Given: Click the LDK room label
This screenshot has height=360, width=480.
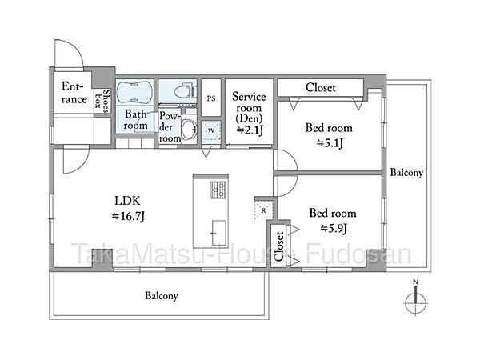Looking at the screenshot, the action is pyautogui.click(x=127, y=201).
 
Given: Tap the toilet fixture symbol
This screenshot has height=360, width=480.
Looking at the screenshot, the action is pyautogui.click(x=186, y=91).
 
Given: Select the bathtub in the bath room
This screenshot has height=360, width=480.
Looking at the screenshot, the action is pyautogui.click(x=134, y=92).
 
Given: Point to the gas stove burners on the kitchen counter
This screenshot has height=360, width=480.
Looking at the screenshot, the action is pyautogui.click(x=218, y=190).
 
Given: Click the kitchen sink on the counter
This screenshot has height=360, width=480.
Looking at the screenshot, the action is pyautogui.click(x=219, y=233).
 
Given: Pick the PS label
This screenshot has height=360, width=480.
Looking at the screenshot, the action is pyautogui.click(x=211, y=98).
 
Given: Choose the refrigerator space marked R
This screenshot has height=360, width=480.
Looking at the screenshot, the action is pyautogui.click(x=263, y=210).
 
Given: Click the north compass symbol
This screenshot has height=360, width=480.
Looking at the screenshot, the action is pyautogui.click(x=415, y=299).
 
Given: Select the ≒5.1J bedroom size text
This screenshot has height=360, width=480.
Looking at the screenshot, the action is pyautogui.click(x=330, y=143).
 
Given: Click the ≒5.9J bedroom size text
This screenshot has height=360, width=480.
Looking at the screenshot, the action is pyautogui.click(x=334, y=228).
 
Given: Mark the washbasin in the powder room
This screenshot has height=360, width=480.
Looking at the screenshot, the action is pyautogui.click(x=189, y=129).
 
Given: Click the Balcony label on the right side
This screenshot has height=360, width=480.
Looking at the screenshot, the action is pyautogui.click(x=406, y=173).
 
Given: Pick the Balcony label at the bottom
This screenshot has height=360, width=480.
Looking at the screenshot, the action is pyautogui.click(x=162, y=296).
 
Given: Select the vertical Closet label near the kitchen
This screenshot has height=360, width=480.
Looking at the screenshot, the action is pyautogui.click(x=279, y=246).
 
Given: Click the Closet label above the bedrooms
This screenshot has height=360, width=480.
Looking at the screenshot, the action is pyautogui.click(x=321, y=88).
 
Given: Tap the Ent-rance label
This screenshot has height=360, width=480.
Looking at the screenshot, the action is pyautogui.click(x=74, y=93).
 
